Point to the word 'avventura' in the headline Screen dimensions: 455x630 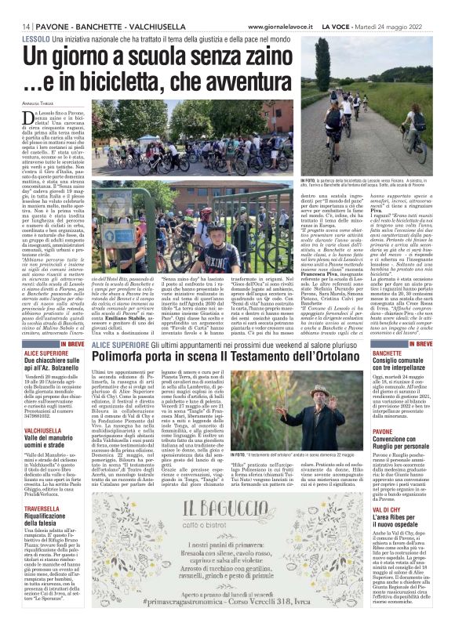point(254,81)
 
